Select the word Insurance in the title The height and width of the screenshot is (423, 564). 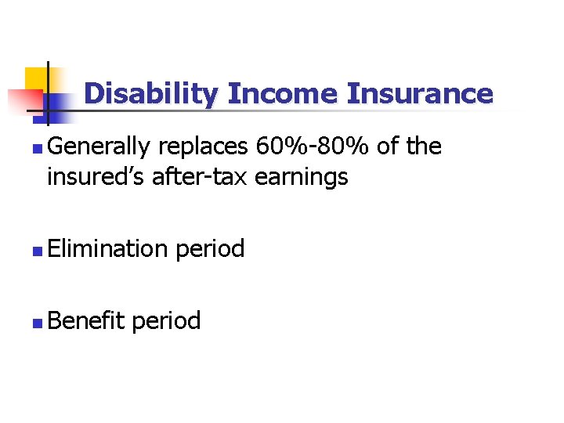(421, 94)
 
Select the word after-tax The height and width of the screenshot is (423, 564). (192, 177)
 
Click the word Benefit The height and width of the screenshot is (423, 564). (85, 320)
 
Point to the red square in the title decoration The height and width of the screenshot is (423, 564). (23, 101)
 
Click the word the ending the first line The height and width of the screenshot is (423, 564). (423, 146)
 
